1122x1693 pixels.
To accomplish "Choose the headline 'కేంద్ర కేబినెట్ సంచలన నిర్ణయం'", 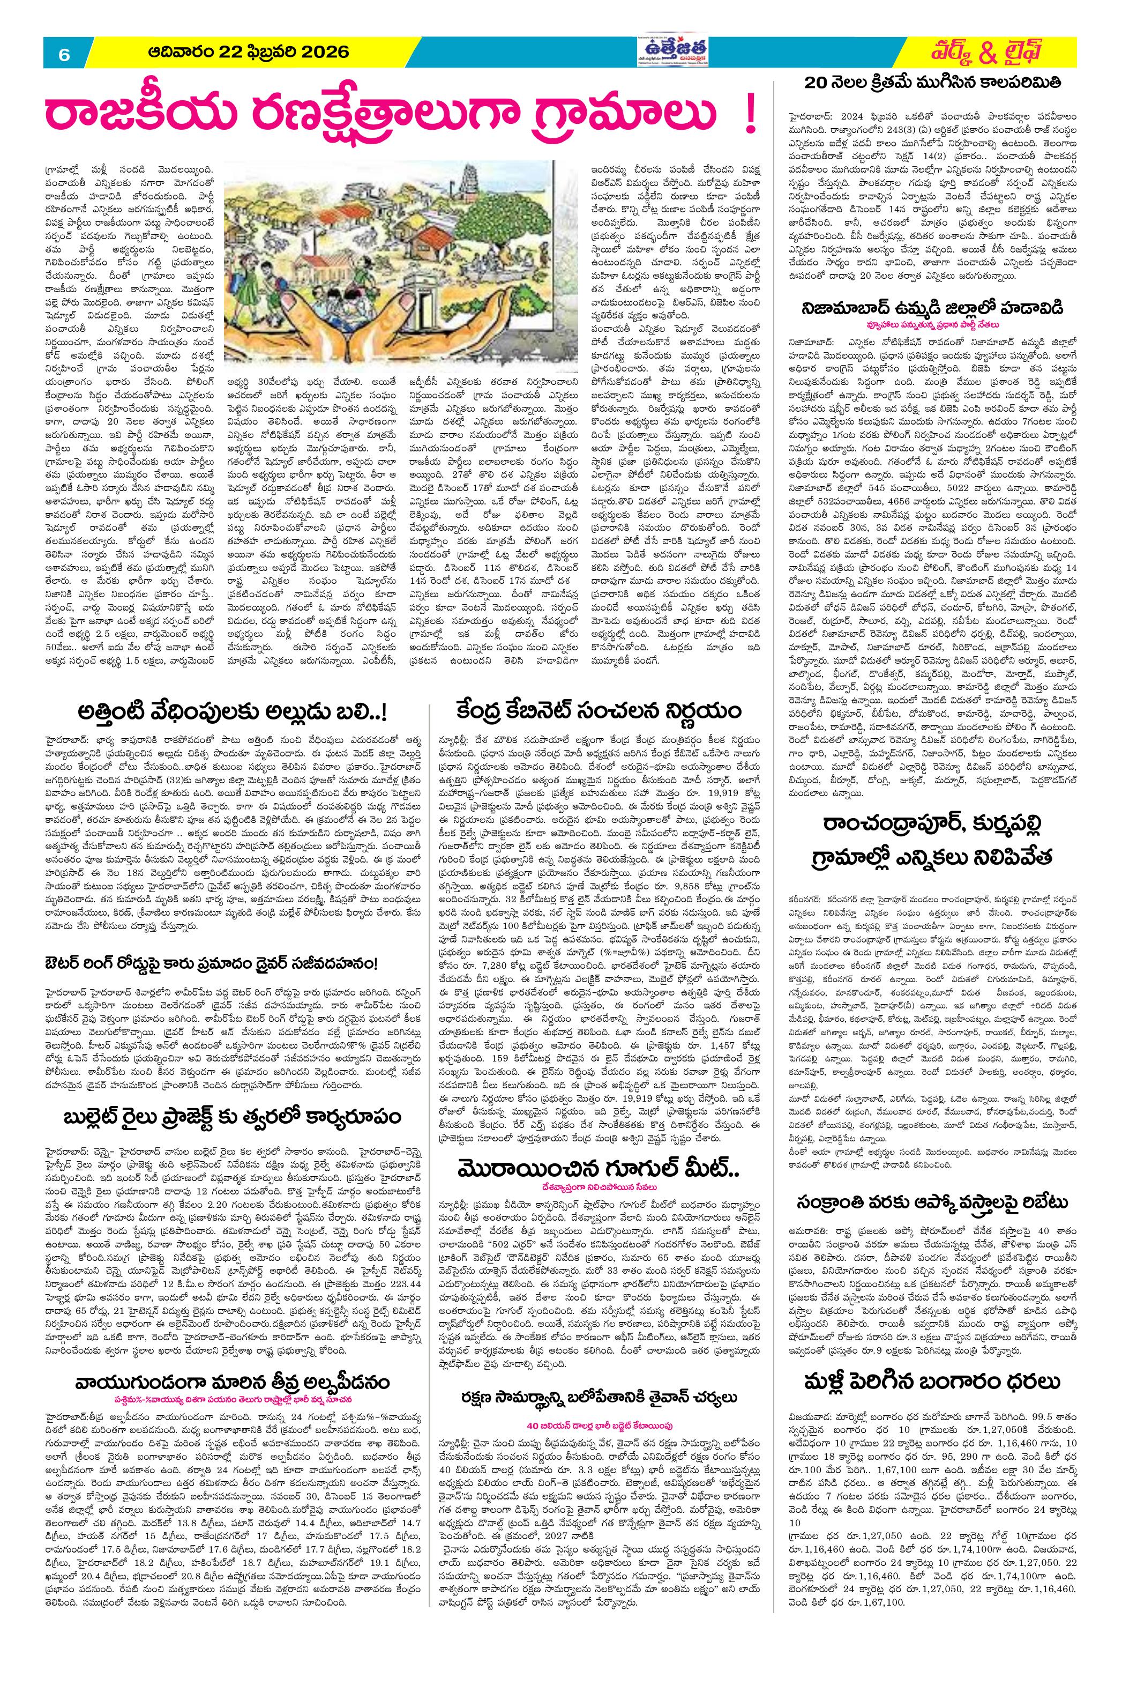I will (x=600, y=711).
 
